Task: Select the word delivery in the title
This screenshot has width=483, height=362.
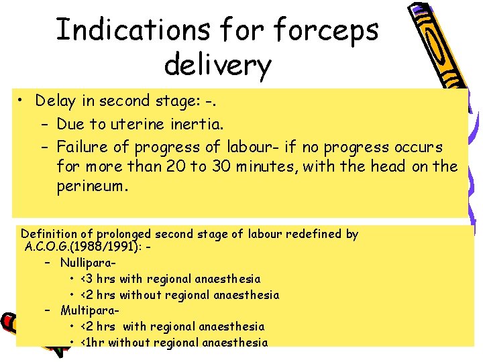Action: click(217, 65)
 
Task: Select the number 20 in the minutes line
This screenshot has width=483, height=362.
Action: click(170, 166)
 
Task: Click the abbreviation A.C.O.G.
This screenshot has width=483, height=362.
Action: click(50, 246)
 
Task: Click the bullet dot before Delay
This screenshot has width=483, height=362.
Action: click(22, 101)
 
